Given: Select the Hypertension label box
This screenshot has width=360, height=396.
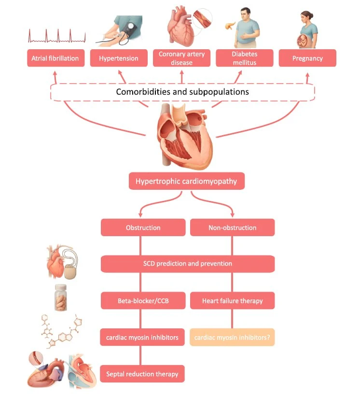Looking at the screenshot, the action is pyautogui.click(x=119, y=58).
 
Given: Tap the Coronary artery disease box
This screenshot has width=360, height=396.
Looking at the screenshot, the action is pyautogui.click(x=181, y=58).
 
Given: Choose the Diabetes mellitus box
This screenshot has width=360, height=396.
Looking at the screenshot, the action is pyautogui.click(x=244, y=58).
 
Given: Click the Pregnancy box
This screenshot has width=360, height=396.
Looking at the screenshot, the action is pyautogui.click(x=307, y=58).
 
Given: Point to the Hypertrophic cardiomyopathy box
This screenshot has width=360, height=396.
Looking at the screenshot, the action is pyautogui.click(x=187, y=181).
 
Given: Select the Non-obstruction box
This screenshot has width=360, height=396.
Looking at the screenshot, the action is pyautogui.click(x=232, y=227).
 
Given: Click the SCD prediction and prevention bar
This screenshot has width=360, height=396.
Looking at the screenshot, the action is pyautogui.click(x=188, y=264).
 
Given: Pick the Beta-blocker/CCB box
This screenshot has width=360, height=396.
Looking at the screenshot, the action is pyautogui.click(x=143, y=300).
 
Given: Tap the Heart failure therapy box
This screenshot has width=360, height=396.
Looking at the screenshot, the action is pyautogui.click(x=232, y=300).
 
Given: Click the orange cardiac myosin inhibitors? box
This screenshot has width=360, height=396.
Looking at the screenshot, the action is pyautogui.click(x=232, y=337).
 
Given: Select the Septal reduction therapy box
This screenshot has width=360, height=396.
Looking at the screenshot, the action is pyautogui.click(x=142, y=374).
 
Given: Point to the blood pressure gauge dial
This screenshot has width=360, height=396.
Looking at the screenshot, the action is pyautogui.click(x=131, y=26).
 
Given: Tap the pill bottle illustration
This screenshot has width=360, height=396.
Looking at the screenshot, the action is pyautogui.click(x=61, y=297).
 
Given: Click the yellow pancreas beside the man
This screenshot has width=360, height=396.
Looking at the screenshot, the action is pyautogui.click(x=230, y=26).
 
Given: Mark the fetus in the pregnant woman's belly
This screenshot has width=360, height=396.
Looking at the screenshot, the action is pyautogui.click(x=303, y=41).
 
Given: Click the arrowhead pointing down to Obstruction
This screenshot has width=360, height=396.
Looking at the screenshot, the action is pyautogui.click(x=140, y=215).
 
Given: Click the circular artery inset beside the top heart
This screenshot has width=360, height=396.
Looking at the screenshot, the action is pyautogui.click(x=203, y=18).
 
